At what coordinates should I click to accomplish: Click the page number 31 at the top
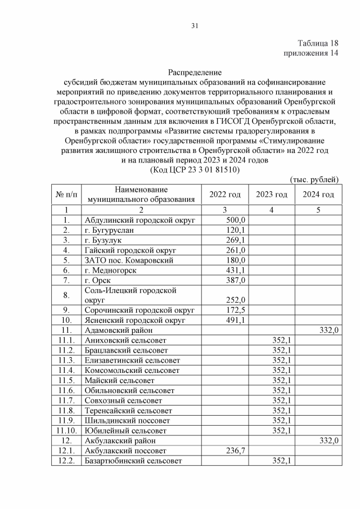[195, 25]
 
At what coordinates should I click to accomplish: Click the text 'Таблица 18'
[318, 43]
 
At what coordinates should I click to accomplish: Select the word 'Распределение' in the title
[195, 72]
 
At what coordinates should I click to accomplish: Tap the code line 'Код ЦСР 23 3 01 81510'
[195, 169]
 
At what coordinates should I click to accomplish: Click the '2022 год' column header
[225, 195]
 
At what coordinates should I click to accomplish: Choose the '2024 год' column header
[318, 195]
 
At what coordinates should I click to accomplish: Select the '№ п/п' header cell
[67, 195]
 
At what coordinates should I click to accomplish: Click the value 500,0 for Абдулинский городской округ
[236, 220]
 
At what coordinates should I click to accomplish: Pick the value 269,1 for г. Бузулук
[236, 240]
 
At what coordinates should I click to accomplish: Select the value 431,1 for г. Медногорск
[236, 270]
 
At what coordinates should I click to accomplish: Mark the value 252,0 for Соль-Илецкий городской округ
[236, 300]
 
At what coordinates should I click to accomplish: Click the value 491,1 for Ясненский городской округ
[236, 320]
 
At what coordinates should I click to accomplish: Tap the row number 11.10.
[67, 430]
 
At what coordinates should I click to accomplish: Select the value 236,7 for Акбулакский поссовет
[236, 451]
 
